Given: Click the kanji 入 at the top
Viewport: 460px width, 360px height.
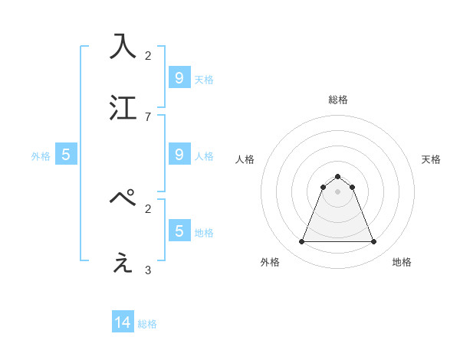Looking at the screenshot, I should pyautogui.click(x=123, y=45).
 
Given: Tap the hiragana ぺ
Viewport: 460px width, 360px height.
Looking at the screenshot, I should pyautogui.click(x=123, y=198).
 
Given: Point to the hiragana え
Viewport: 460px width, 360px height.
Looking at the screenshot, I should pyautogui.click(x=123, y=263).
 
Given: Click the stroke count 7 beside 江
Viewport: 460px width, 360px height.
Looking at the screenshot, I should pyautogui.click(x=148, y=116).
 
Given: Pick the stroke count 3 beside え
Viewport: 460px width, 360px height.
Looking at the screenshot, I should pyautogui.click(x=148, y=270).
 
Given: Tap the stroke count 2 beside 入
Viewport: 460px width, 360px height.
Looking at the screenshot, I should pyautogui.click(x=148, y=55).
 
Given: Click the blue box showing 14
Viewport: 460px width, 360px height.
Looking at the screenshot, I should pyautogui.click(x=123, y=322).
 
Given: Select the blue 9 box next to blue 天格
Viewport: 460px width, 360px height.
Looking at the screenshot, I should pyautogui.click(x=179, y=77).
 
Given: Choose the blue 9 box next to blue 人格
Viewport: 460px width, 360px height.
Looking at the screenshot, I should pyautogui.click(x=179, y=154).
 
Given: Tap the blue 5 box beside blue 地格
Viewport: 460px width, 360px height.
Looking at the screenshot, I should pyautogui.click(x=179, y=231).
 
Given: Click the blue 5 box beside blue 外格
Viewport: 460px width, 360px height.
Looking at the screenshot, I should pyautogui.click(x=66, y=155).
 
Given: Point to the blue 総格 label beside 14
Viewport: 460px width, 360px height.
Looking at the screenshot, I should pyautogui.click(x=147, y=324).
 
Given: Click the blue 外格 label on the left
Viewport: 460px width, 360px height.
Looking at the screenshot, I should pyautogui.click(x=41, y=156).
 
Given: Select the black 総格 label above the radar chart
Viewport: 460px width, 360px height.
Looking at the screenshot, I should pyautogui.click(x=337, y=100).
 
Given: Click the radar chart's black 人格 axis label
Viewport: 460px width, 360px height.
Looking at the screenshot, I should pyautogui.click(x=245, y=159).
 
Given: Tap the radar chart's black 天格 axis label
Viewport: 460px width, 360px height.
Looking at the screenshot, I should pyautogui.click(x=431, y=159).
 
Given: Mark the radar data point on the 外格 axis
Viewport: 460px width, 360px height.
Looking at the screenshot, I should pyautogui.click(x=301, y=242).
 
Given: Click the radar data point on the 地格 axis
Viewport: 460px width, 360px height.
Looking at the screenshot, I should pyautogui.click(x=374, y=242).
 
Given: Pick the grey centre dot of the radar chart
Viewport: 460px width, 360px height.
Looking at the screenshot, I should pyautogui.click(x=337, y=191).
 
